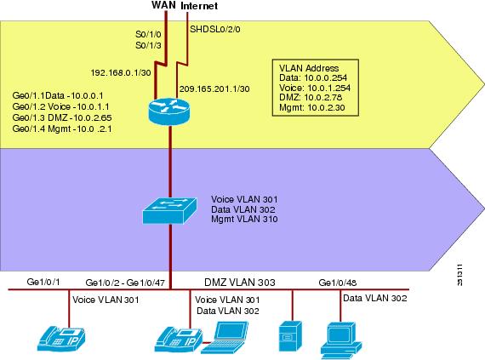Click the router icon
point(168,111)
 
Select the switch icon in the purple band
point(169,211)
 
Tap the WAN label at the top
point(163,5)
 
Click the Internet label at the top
point(199,6)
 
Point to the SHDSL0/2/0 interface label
point(215,30)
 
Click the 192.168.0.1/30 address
point(121,72)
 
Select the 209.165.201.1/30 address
point(214,89)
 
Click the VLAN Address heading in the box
point(309,68)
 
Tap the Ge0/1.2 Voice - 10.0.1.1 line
point(60,106)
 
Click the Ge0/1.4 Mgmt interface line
point(62,129)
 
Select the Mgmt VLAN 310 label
point(244,219)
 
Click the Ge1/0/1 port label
point(43,282)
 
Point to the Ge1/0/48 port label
point(338,283)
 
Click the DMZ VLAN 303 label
point(240,282)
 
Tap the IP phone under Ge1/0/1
point(61,340)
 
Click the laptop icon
point(225,338)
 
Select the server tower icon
point(290,336)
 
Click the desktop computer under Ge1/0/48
point(341,340)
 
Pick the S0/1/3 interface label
point(148,45)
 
